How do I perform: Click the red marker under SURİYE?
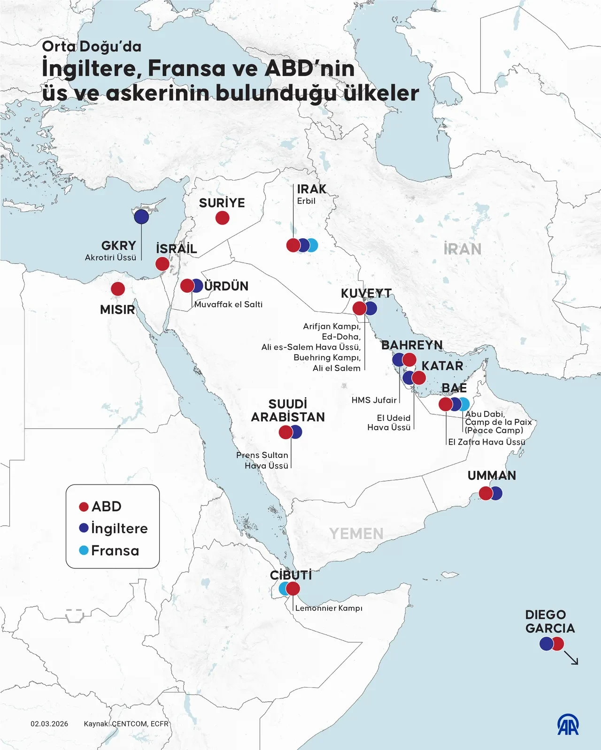222,218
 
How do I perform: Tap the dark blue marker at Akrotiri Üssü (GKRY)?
141,217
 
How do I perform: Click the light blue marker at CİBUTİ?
283,588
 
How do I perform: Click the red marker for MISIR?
118,288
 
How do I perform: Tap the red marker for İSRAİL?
162,264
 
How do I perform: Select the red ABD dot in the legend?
84,507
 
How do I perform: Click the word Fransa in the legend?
115,550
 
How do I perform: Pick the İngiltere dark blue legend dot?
84,528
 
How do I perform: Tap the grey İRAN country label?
462,249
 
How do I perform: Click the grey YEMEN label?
356,534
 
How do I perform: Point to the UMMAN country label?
492,475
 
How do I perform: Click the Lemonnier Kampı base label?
329,608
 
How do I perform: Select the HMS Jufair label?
374,400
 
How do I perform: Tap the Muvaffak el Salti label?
228,304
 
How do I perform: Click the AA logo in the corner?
568,725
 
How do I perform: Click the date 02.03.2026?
49,724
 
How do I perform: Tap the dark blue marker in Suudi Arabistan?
297,432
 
